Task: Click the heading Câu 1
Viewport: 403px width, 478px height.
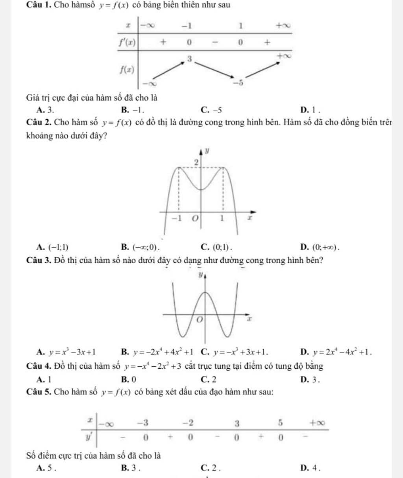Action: [x=39, y=5]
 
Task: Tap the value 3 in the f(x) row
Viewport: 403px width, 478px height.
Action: [x=189, y=58]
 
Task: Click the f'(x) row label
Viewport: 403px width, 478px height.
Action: [x=128, y=42]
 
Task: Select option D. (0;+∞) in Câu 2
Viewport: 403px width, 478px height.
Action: [x=319, y=247]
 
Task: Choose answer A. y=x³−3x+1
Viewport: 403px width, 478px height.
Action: [x=67, y=352]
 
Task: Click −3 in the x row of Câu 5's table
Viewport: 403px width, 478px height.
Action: [x=144, y=423]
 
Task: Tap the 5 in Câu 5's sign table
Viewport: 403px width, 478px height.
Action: [x=281, y=423]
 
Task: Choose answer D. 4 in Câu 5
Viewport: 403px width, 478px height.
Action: [x=306, y=467]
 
